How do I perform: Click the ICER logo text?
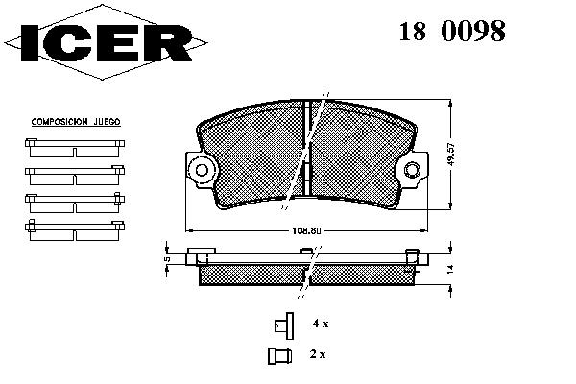pos(107,42)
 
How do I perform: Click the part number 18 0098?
pos(452,31)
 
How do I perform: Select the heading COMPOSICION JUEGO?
pos(76,122)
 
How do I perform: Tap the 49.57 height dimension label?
pos(451,155)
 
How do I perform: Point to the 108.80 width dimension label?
pos(306,231)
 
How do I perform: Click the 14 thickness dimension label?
pos(451,269)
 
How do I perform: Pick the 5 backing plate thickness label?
pos(167,259)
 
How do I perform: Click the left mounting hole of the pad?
pos(202,170)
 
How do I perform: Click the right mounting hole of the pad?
pos(412,169)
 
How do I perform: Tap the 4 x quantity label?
pos(321,324)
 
